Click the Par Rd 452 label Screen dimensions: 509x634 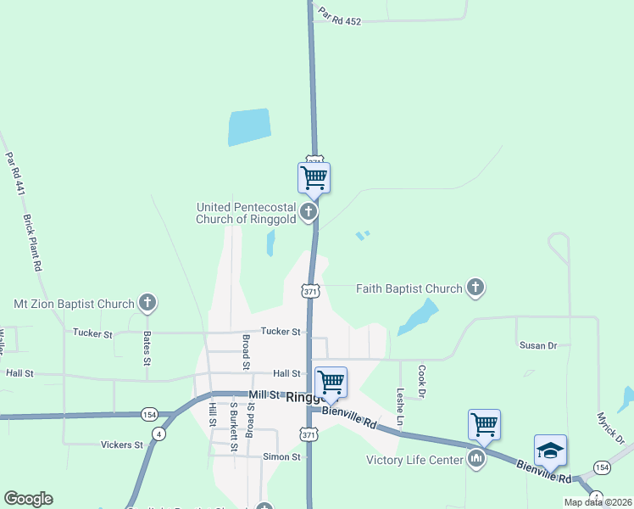coord(341,17)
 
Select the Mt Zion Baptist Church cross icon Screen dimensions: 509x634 coord(147,303)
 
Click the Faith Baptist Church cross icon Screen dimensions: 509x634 coord(475,288)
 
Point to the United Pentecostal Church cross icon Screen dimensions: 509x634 coord(309,212)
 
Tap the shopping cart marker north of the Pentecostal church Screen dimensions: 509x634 coord(314,178)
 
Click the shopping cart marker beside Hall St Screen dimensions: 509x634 coord(330,382)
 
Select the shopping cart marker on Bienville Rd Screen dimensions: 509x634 coord(484,423)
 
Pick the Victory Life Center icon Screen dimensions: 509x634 coord(475,461)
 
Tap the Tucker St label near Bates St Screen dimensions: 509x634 coord(92,333)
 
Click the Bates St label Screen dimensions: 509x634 coord(147,349)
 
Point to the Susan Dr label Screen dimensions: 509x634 coord(537,345)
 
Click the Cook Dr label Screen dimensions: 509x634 coord(421,382)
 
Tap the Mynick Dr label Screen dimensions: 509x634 coord(609,428)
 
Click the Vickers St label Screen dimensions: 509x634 coord(122,445)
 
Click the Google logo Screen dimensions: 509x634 coord(28,499)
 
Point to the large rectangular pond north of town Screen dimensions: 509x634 coord(248,127)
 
